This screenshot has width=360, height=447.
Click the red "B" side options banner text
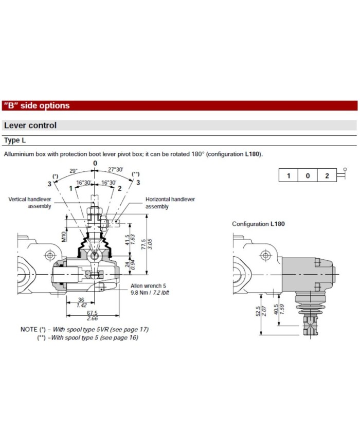pyautogui.click(x=37, y=106)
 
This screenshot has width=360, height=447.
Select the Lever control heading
pyautogui.click(x=30, y=126)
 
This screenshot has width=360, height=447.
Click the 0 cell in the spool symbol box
pyautogui.click(x=308, y=175)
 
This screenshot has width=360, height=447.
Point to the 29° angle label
pyautogui.click(x=73, y=170)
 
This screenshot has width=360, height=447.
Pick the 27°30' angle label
pyautogui.click(x=116, y=170)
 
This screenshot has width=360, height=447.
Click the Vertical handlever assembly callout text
pyautogui.click(x=30, y=203)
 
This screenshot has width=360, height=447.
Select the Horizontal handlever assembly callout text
pyautogui.click(x=170, y=203)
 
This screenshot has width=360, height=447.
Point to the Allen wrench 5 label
pyautogui.click(x=149, y=286)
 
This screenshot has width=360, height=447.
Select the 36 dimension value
pyautogui.click(x=80, y=300)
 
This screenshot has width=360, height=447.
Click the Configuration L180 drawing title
pyautogui.click(x=258, y=224)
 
